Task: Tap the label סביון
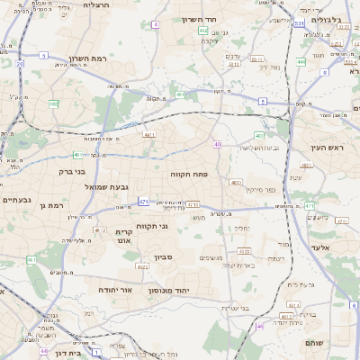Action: [x=163, y=257]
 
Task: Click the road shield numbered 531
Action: [x=298, y=24]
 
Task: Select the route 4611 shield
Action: [x=149, y=134]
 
